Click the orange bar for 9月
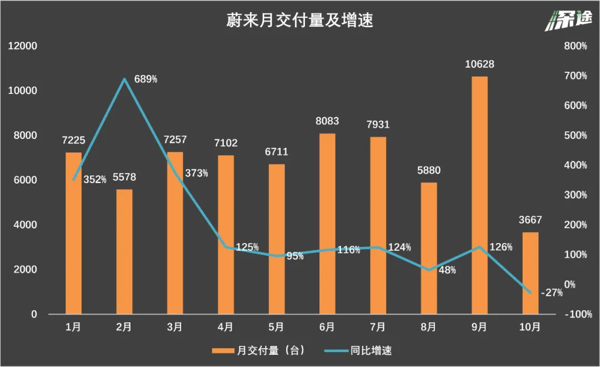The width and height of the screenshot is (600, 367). [x=479, y=195]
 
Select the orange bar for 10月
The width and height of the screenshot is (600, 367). [x=531, y=273]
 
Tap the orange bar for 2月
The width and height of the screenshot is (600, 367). [x=124, y=252]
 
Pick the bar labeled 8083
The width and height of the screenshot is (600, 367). [x=327, y=224]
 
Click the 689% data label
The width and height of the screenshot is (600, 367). [x=146, y=79]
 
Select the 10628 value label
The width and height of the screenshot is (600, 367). [x=479, y=65]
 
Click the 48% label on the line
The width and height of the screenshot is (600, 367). [x=447, y=270]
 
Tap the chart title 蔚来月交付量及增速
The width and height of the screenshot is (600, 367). [x=299, y=21]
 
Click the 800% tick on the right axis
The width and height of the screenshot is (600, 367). [x=575, y=46]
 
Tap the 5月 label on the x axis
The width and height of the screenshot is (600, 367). [x=277, y=328]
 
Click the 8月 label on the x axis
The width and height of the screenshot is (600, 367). [x=428, y=328]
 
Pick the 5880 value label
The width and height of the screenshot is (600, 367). [x=429, y=171]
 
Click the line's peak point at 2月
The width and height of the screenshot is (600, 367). [x=124, y=79]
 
